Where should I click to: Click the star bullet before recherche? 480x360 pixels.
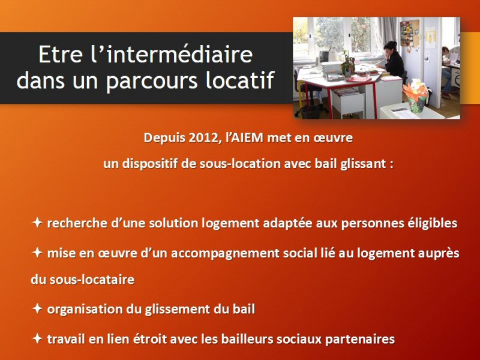37,222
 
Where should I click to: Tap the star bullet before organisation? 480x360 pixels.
37,308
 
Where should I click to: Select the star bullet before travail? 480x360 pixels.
37,338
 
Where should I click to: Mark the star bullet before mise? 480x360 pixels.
37,253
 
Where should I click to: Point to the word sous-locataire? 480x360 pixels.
92,280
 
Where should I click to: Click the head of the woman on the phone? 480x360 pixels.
390,47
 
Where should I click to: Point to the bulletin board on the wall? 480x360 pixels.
409,33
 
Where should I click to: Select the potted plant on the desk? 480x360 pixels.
347,64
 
